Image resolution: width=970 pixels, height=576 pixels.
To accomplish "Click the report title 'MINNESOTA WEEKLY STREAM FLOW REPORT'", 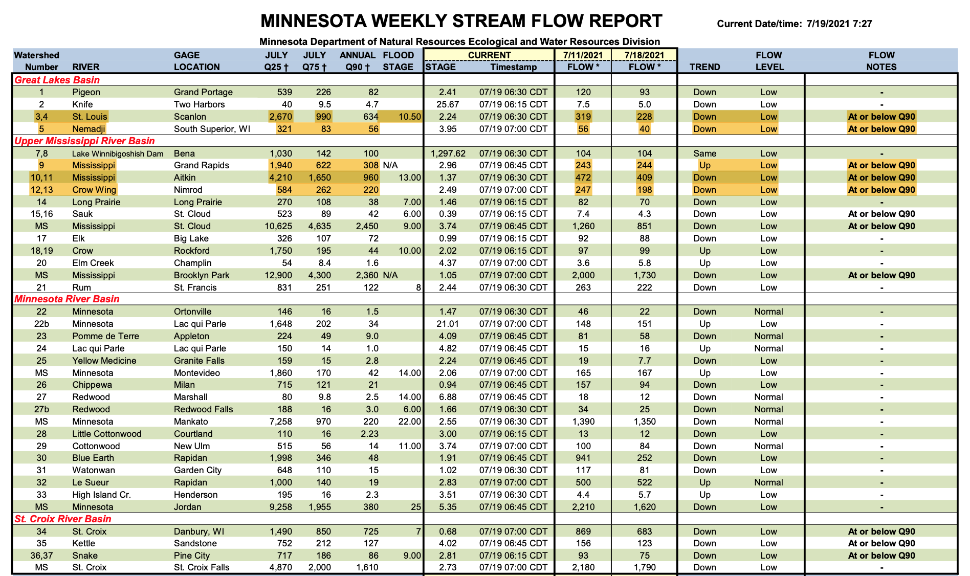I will tap(461, 21).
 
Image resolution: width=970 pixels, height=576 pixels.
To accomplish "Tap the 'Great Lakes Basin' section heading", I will tap(57, 80).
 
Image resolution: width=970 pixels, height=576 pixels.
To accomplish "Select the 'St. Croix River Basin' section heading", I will tap(62, 519).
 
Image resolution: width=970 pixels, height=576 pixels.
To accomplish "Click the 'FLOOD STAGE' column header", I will tap(398, 61).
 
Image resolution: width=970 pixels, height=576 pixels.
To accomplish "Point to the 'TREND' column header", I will tap(704, 67).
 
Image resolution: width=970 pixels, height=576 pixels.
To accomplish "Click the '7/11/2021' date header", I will tap(583, 55).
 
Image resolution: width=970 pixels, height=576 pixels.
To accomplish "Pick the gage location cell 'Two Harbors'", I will tap(199, 104).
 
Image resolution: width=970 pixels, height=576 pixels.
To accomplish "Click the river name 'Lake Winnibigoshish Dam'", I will tap(118, 153).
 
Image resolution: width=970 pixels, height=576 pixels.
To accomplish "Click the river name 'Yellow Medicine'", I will tap(104, 361).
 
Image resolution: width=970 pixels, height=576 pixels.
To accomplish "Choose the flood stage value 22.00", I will tap(409, 422).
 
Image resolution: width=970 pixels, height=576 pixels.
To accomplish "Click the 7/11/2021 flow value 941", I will tap(583, 458).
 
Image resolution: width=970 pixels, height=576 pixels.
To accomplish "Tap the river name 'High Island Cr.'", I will tap(101, 495).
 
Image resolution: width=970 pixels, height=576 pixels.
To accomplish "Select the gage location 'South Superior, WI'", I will tap(212, 129).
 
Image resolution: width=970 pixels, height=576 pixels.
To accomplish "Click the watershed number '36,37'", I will tap(41, 556).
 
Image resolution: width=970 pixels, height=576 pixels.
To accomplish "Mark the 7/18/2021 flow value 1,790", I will tap(644, 567).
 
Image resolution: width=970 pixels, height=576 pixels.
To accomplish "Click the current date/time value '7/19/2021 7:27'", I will tap(839, 24).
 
